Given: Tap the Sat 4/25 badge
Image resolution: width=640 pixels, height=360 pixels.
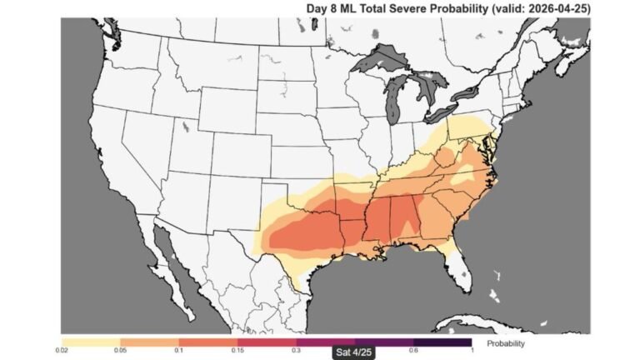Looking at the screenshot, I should coord(355,352).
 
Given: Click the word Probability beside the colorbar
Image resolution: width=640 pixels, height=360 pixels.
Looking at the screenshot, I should coord(505,342).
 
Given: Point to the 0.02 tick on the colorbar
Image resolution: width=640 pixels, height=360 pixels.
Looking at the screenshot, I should coord(63,350).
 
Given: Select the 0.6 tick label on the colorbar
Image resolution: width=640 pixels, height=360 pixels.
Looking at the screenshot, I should coord(413,350).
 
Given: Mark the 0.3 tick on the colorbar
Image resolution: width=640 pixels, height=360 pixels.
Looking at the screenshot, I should coord(297,350).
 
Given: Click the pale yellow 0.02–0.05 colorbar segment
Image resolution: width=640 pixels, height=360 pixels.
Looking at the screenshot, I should coord(92,342).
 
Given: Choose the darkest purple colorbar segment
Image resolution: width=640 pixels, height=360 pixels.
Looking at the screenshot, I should coord(442,342).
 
